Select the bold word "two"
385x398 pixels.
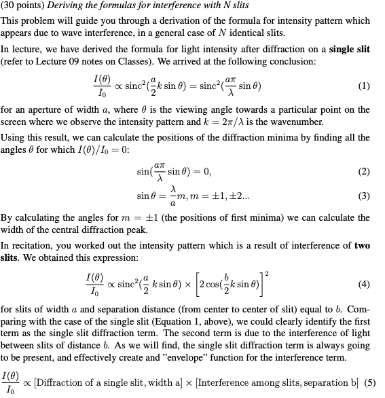pyautogui.click(x=362, y=246)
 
